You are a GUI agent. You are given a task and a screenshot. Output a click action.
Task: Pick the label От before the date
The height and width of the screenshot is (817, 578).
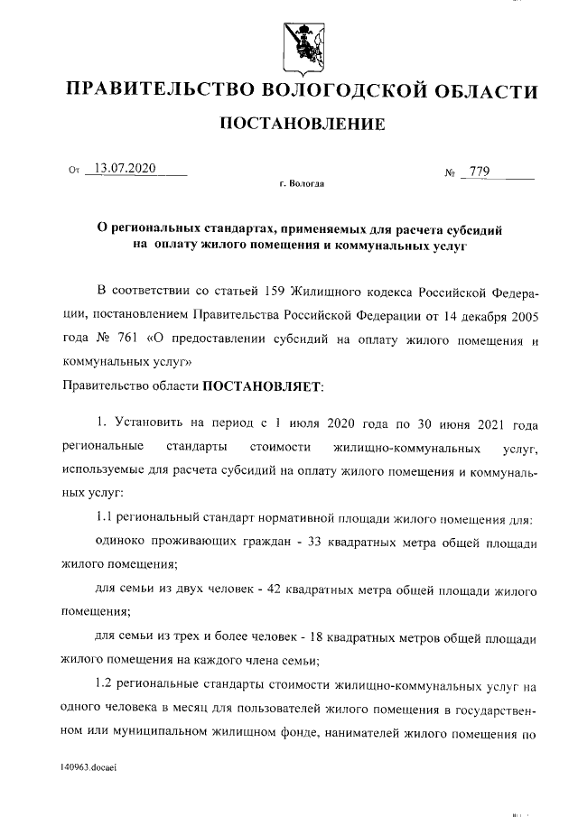(x=74, y=170)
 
